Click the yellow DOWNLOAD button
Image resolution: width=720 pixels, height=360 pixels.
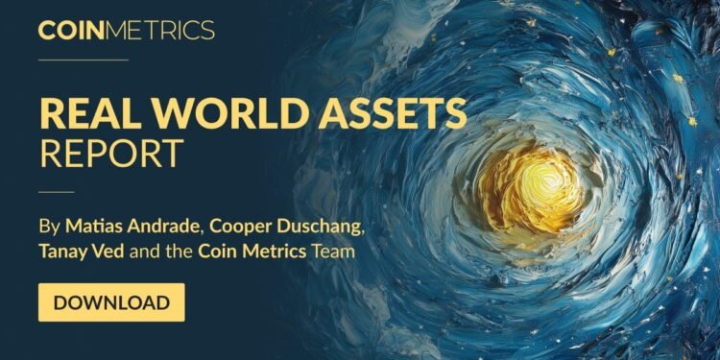pyautogui.click(x=111, y=302)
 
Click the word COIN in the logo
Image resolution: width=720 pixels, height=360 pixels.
pyautogui.click(x=71, y=31)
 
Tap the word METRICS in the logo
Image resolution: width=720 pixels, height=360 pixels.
pyautogui.click(x=160, y=31)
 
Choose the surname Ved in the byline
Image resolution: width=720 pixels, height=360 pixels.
pyautogui.click(x=117, y=253)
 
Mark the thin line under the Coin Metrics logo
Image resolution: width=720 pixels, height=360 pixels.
pyautogui.click(x=83, y=60)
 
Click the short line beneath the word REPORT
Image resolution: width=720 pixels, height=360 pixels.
pyautogui.click(x=57, y=191)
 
